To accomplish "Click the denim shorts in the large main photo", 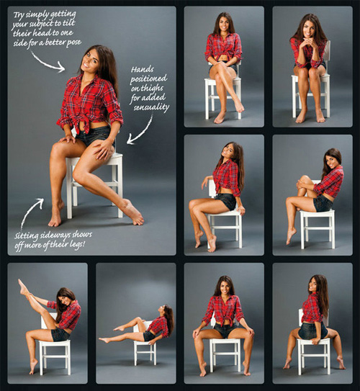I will pos(96,135).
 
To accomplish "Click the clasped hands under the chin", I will pos(308,53).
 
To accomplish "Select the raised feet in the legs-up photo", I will pos(24,287).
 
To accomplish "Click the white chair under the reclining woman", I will pos(145,349).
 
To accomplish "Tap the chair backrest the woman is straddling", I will pos(309,320).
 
